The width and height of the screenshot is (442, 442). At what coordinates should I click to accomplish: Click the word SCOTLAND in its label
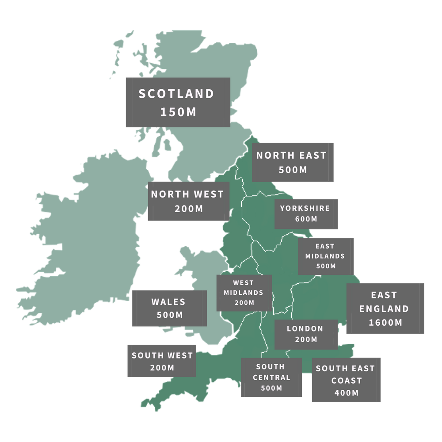[176, 94]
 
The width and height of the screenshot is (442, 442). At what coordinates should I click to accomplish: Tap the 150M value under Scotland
[178, 112]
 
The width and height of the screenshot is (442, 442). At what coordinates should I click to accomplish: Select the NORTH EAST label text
[291, 155]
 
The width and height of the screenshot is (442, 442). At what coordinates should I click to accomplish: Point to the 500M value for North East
[293, 170]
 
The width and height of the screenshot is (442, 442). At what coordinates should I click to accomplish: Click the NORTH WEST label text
[187, 194]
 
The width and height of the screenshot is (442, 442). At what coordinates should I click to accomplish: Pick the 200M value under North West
[189, 209]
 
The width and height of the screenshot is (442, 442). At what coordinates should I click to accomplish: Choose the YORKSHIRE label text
[305, 208]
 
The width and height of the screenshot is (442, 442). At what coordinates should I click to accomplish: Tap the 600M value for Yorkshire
[306, 219]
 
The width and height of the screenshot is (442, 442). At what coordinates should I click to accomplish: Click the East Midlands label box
[326, 256]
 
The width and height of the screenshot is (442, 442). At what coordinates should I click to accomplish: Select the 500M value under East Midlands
[326, 266]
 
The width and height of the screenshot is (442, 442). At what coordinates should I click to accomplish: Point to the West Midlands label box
[244, 293]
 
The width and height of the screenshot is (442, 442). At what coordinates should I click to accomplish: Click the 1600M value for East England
[385, 323]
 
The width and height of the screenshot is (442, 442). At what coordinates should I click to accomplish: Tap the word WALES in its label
[168, 302]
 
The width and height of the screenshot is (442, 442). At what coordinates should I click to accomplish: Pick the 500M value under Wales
[170, 315]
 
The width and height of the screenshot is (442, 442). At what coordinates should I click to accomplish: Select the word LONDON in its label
[305, 329]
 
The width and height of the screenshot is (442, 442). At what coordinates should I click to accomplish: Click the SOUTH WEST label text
[162, 355]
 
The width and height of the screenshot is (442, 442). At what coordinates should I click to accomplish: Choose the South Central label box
[271, 377]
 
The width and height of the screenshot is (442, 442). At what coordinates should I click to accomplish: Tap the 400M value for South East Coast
[347, 392]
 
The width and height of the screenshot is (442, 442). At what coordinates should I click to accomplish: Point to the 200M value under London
[306, 339]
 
